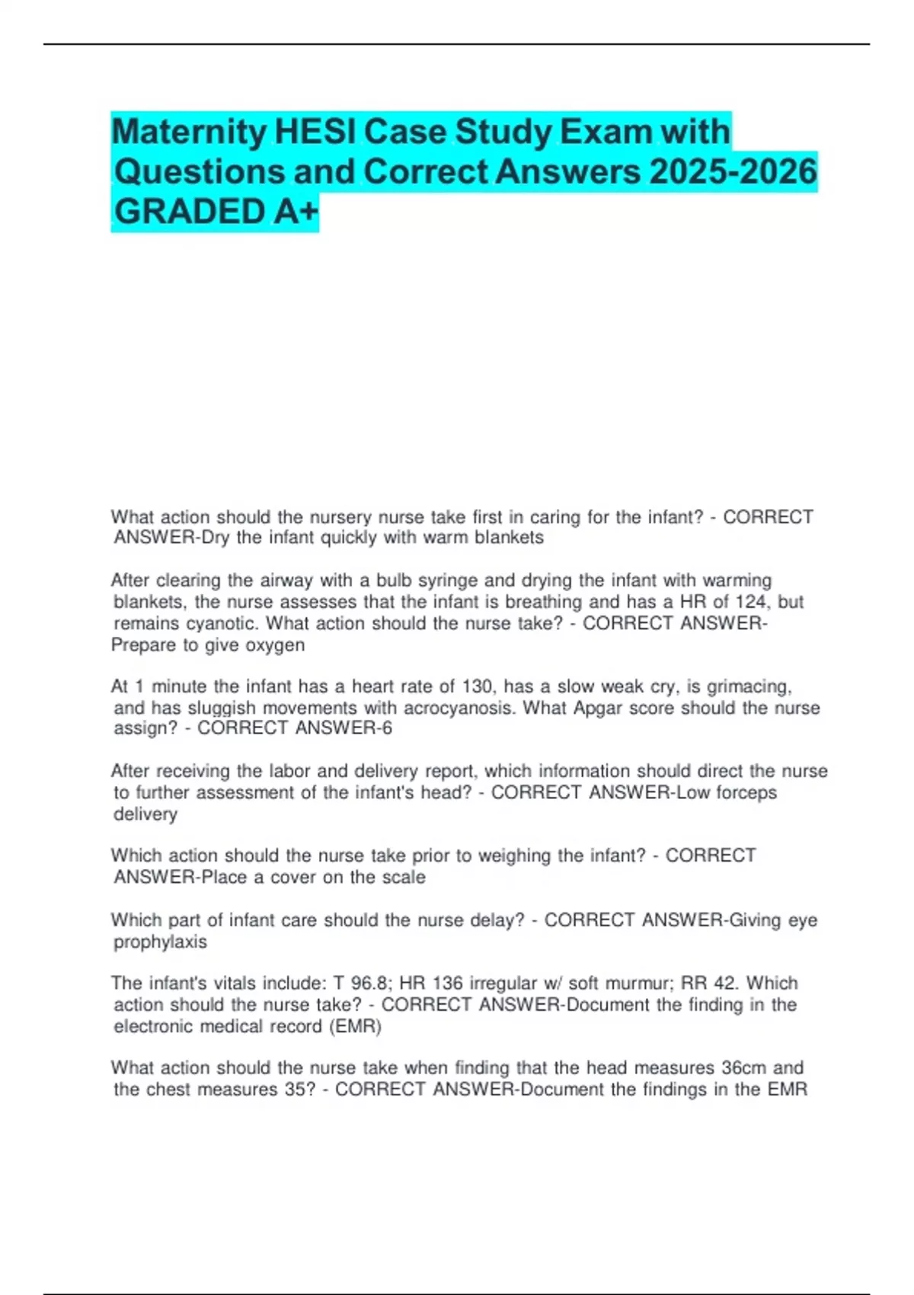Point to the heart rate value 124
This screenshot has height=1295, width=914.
(751, 602)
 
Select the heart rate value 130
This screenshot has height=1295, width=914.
(478, 686)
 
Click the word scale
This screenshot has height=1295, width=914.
(403, 877)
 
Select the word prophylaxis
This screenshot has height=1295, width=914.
(160, 942)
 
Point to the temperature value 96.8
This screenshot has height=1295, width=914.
(368, 983)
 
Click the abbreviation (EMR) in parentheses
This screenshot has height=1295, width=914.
(355, 1026)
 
